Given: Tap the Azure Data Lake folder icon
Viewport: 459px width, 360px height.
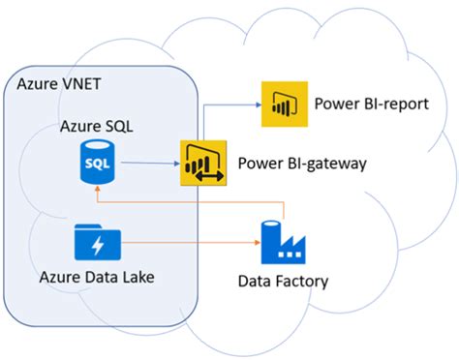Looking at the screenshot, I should pos(96,241).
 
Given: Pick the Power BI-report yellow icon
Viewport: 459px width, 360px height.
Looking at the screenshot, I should pos(282,103).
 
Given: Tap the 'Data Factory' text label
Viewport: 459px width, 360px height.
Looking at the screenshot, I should pos(284,282).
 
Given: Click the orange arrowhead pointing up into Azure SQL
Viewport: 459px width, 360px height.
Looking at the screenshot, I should pos(96,192).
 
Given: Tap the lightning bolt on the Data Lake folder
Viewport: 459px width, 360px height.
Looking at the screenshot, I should pos(96,244).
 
